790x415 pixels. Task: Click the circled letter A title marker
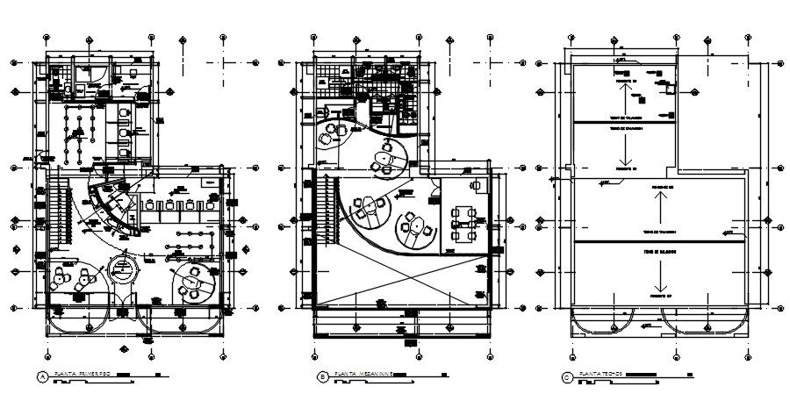[x=41, y=378]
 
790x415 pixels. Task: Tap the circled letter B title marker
[x=322, y=378]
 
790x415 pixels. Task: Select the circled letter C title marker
[x=567, y=378]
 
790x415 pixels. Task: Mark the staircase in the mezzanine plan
[x=328, y=211]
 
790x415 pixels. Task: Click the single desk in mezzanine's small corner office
[x=477, y=186]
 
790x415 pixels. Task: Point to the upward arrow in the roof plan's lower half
[x=657, y=208]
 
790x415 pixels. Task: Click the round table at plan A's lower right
[x=191, y=282]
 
